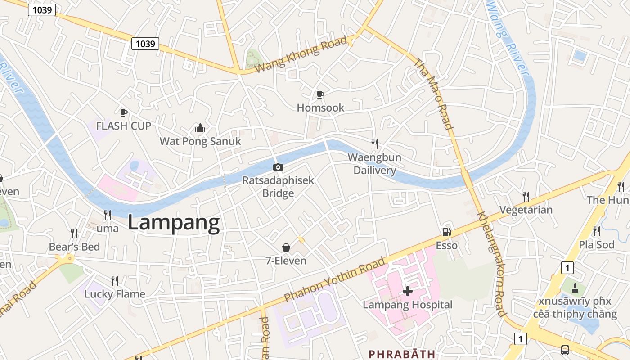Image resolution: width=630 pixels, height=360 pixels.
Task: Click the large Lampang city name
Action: [174, 223]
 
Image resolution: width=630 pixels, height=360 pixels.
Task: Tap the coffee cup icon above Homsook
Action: [320, 94]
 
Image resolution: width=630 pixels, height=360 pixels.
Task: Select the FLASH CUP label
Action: [123, 126]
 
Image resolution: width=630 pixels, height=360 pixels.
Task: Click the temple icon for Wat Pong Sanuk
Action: [200, 128]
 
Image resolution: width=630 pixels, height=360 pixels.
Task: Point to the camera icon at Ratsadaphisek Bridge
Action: [278, 167]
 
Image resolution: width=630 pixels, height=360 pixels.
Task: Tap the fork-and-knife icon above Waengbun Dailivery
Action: [374, 144]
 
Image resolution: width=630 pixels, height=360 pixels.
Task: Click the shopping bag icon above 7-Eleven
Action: [286, 247]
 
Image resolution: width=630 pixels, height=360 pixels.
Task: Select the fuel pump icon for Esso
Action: [446, 232]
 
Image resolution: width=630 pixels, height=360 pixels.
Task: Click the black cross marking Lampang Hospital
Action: [407, 291]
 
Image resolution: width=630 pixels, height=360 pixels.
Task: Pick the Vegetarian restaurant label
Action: [526, 210]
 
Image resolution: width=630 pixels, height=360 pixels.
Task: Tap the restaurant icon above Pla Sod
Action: [597, 231]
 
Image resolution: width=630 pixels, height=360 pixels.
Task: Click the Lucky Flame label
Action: [115, 294]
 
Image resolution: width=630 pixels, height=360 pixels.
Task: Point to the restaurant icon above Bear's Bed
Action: [74, 233]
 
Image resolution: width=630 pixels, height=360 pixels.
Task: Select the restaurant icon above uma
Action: [108, 215]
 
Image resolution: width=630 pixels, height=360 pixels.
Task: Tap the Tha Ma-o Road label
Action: [433, 94]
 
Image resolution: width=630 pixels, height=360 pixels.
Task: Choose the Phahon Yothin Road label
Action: [335, 279]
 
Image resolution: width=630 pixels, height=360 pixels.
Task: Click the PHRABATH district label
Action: [402, 354]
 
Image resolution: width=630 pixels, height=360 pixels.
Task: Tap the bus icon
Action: [565, 350]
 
